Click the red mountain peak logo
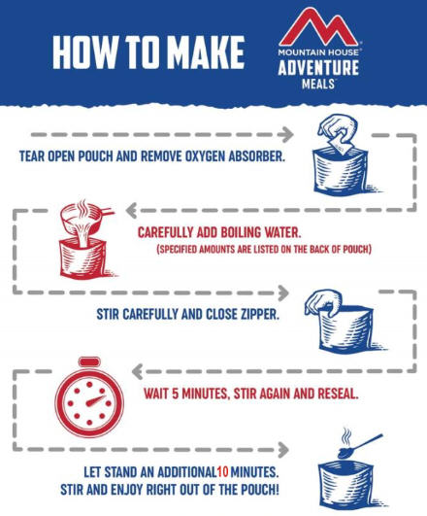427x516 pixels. [318, 29]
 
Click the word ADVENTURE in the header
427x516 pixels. [318, 67]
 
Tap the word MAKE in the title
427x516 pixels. [208, 52]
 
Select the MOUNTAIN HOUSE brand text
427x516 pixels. [318, 52]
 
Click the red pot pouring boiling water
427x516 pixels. [86, 219]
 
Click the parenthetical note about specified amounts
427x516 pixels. [264, 249]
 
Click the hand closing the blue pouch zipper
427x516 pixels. [323, 302]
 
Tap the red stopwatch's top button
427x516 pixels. [89, 361]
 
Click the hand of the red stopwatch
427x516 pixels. [96, 400]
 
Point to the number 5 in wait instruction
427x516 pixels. [175, 394]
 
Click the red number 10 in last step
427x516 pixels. [222, 472]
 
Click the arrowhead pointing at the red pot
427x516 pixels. [131, 211]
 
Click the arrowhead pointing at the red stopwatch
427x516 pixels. [137, 371]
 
